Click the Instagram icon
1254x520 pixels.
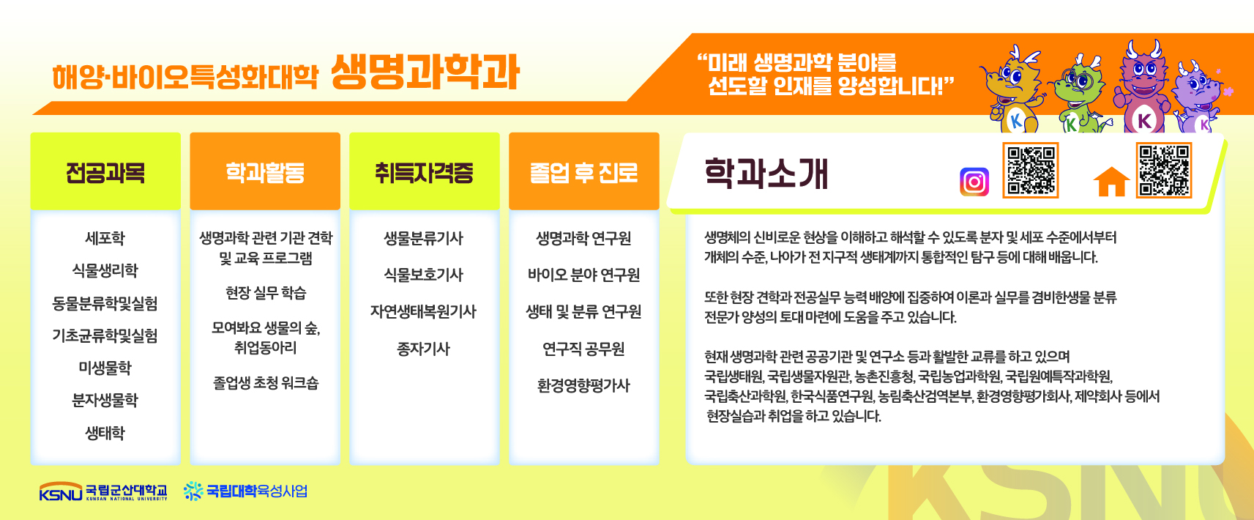coord(974,182)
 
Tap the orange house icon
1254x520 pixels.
coord(1111,182)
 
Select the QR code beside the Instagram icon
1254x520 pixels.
coord(1030,170)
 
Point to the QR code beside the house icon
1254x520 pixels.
coord(1164,170)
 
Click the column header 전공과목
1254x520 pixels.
coord(105,172)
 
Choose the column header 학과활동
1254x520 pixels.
coord(265,172)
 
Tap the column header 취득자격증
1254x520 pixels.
coord(425,172)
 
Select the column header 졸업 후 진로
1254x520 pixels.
coord(584,172)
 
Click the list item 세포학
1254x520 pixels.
coord(105,238)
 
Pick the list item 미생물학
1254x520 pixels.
coord(105,368)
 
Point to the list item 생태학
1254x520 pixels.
coord(105,433)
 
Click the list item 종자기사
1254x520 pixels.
coord(424,349)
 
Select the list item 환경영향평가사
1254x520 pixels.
coord(584,385)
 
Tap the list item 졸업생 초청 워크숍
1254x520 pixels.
coord(265,383)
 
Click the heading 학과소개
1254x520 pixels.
coord(766,174)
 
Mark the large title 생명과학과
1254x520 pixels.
coord(425,73)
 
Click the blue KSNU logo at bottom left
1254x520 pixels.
coord(61,491)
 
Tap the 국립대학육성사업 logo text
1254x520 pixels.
coord(257,491)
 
